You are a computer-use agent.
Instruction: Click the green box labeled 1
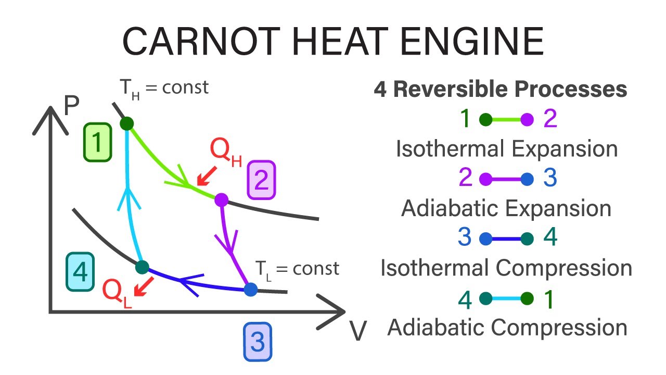[97, 142]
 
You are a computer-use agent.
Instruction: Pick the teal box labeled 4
[80, 271]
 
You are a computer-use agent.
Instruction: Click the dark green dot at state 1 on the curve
[127, 123]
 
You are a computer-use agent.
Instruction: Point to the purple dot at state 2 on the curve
[222, 199]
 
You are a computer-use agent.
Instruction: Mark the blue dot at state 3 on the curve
[250, 289]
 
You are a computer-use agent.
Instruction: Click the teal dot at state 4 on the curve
[142, 268]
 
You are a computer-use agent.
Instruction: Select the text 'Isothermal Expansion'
[507, 149]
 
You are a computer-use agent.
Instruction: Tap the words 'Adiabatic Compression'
[507, 328]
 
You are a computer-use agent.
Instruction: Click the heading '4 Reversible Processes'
[500, 90]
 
